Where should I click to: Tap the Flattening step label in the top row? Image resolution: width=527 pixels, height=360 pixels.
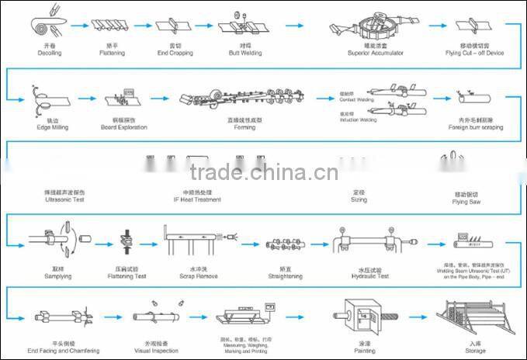point(112,53)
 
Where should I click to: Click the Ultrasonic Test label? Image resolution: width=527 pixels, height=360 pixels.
point(64,199)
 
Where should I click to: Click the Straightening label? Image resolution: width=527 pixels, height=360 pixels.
point(286,275)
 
